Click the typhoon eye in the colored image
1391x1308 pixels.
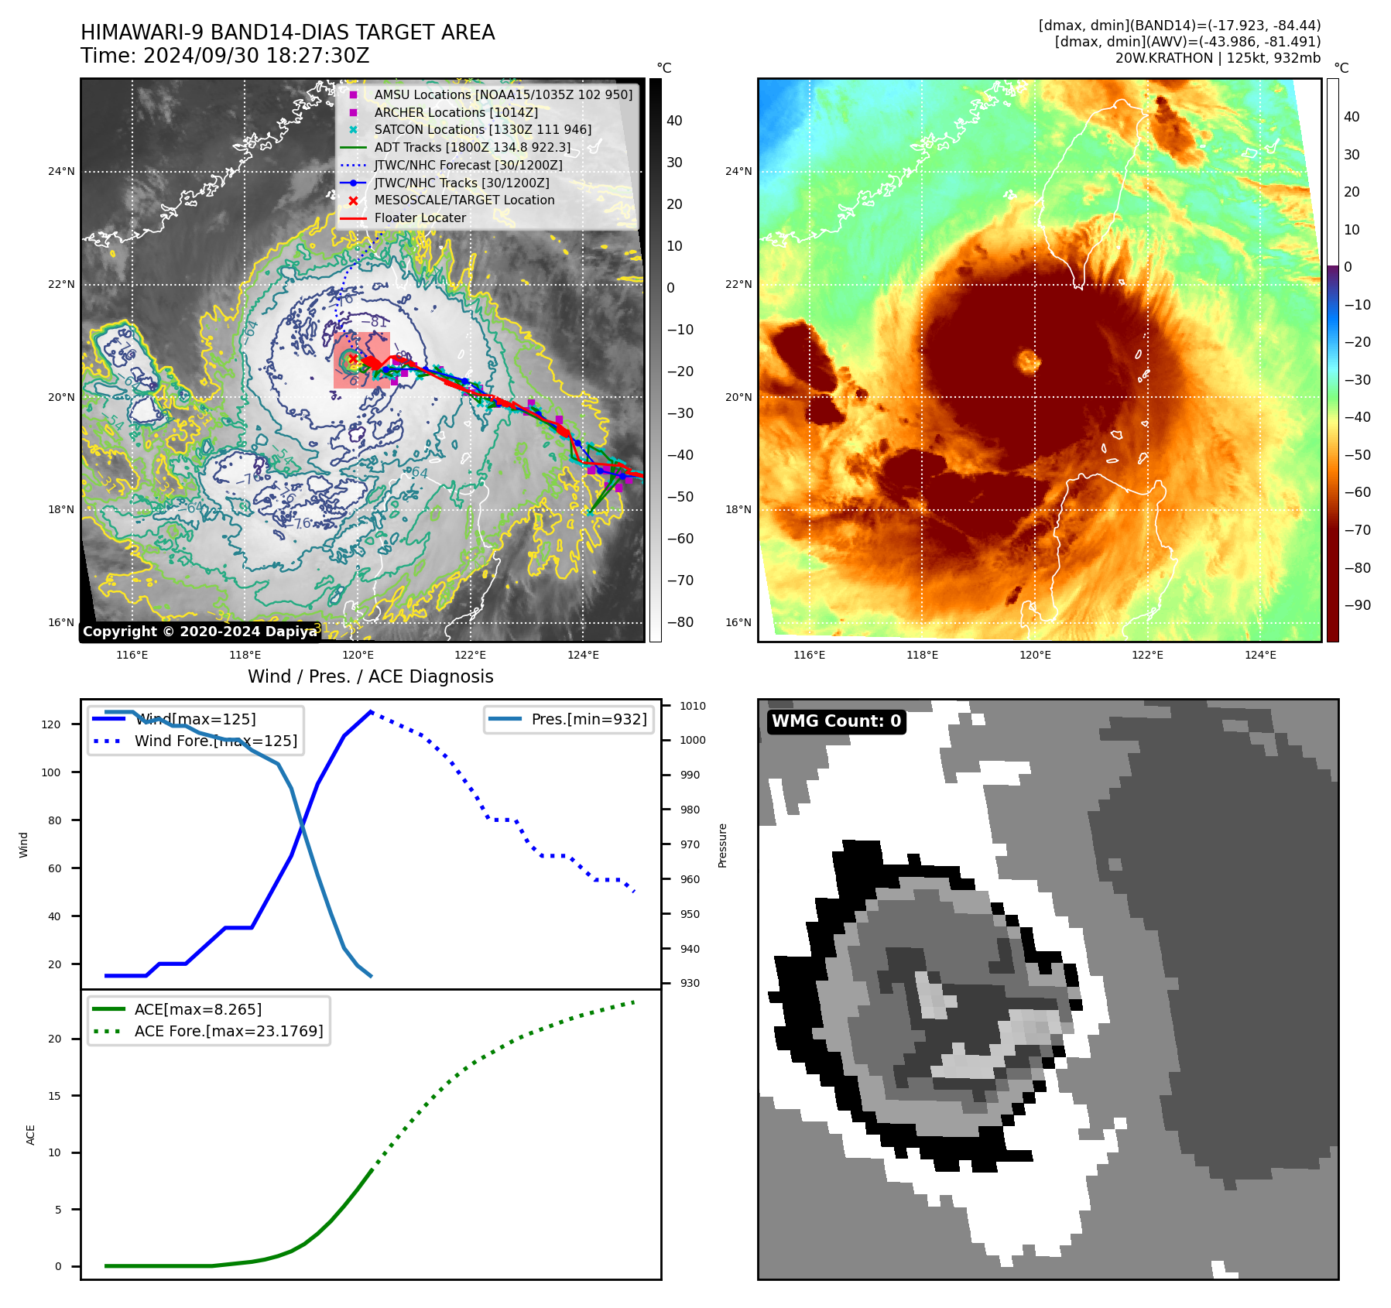point(1029,361)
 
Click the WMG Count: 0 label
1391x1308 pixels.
point(836,721)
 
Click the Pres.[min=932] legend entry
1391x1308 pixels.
point(588,719)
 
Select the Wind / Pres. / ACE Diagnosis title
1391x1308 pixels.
point(370,676)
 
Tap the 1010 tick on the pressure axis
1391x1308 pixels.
point(692,706)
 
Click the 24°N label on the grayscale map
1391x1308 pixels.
point(61,172)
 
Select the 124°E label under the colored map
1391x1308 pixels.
point(1259,655)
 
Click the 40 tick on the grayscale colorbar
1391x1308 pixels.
point(674,121)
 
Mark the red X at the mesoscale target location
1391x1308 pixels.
point(352,359)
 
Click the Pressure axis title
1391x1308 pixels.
point(722,845)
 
